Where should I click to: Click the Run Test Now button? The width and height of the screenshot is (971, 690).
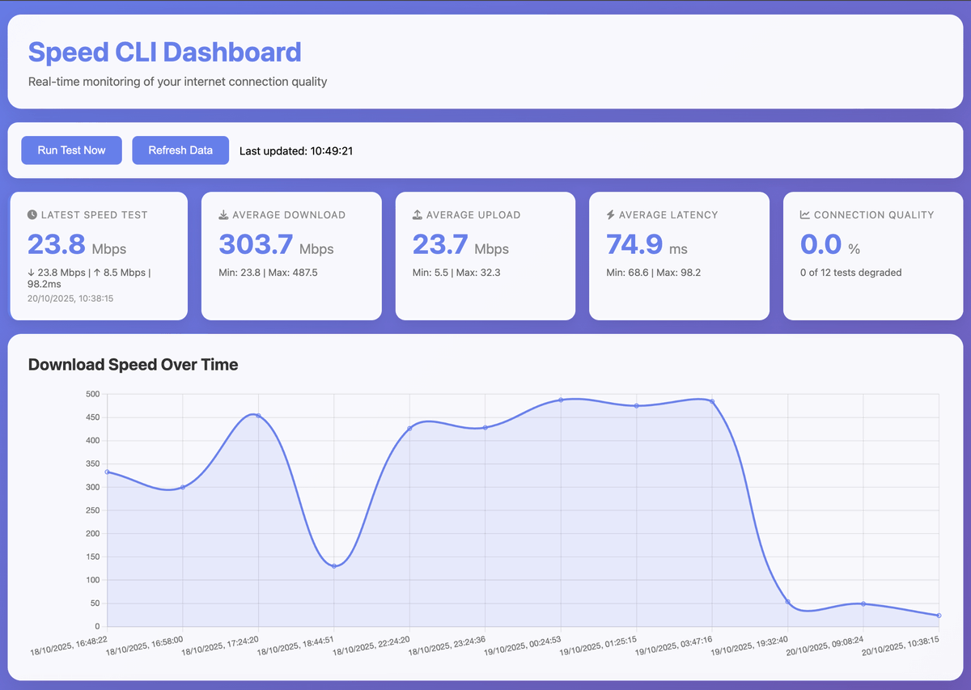point(71,150)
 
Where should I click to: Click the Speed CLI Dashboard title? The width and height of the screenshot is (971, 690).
point(164,53)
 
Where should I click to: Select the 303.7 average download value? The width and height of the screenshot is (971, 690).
point(257,244)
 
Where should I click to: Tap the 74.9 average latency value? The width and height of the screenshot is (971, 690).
point(634,244)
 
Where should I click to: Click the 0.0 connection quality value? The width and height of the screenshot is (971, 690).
point(820,244)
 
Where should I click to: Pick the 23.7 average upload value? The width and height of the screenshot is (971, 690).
point(440,244)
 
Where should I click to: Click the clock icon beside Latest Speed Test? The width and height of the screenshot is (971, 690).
point(32,215)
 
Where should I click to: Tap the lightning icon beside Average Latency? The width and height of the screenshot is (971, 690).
point(611,215)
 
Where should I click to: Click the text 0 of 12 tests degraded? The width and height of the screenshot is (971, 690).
point(850,273)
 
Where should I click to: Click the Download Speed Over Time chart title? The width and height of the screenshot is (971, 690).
point(133,365)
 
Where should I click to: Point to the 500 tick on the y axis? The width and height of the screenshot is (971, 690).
point(92,395)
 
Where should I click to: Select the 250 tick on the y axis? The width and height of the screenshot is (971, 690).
point(92,510)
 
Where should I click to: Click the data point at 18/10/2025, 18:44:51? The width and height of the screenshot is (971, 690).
point(334,565)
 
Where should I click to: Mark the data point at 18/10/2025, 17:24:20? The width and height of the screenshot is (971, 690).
point(258,416)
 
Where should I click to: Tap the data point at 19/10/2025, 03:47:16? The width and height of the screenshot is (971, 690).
point(712,401)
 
